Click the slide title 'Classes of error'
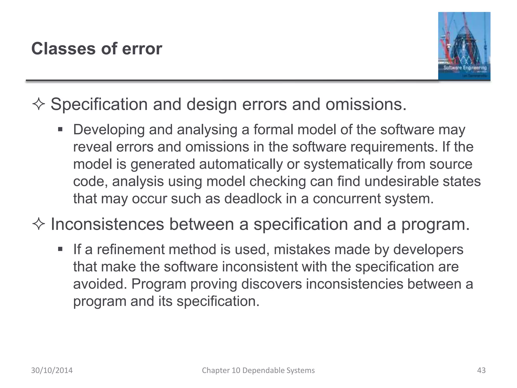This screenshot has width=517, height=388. (96, 48)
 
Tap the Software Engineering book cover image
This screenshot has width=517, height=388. (464, 46)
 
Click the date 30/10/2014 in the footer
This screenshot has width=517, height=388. (52, 370)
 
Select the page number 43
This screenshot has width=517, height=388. (481, 370)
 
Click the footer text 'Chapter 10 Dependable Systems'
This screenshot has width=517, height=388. (258, 370)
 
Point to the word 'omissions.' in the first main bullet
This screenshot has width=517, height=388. (366, 104)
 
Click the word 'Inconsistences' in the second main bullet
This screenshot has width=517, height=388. (107, 224)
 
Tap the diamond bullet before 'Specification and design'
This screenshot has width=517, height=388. (39, 104)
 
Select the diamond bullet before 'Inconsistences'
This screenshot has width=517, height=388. (39, 224)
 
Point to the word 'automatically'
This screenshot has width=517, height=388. (241, 164)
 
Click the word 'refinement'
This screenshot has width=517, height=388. (131, 250)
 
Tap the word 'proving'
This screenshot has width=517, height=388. (214, 284)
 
